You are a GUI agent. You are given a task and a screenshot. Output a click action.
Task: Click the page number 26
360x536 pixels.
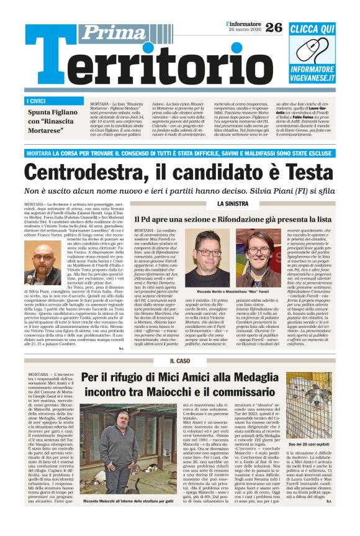click(x=274, y=27)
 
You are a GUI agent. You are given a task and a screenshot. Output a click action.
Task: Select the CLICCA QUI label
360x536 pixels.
click(x=312, y=29)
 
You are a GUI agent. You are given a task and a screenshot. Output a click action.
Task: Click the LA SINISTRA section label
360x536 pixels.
click(x=233, y=204)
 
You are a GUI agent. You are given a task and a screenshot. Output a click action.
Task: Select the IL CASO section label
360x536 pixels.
click(x=179, y=361)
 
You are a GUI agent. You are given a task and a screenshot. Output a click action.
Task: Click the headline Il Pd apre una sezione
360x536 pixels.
click(x=233, y=219)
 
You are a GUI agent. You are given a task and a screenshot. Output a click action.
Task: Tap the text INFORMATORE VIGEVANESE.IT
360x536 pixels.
click(x=312, y=73)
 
